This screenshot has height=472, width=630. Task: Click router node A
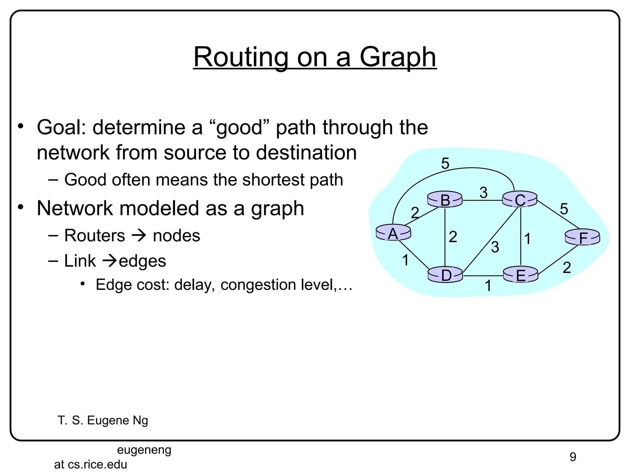[x=393, y=233]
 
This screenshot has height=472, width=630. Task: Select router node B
[x=445, y=200]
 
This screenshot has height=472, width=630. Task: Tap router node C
[x=520, y=200]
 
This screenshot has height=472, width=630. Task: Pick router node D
[x=445, y=275]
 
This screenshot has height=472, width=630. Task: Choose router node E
[x=520, y=275]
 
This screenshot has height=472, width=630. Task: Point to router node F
[x=583, y=238]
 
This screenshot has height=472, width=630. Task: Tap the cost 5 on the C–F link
[x=564, y=209]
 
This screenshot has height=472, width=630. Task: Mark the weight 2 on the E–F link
[x=567, y=268]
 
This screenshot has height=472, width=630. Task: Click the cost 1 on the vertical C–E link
[x=527, y=239]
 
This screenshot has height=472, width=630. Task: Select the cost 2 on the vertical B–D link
[x=453, y=237]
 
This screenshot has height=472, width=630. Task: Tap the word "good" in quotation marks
[x=239, y=128]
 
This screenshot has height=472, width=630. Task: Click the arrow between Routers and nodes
[x=139, y=236]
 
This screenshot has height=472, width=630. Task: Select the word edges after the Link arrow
[x=142, y=261]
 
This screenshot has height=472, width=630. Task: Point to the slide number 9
[x=572, y=457]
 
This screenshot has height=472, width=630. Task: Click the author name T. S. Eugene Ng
[x=103, y=420]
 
